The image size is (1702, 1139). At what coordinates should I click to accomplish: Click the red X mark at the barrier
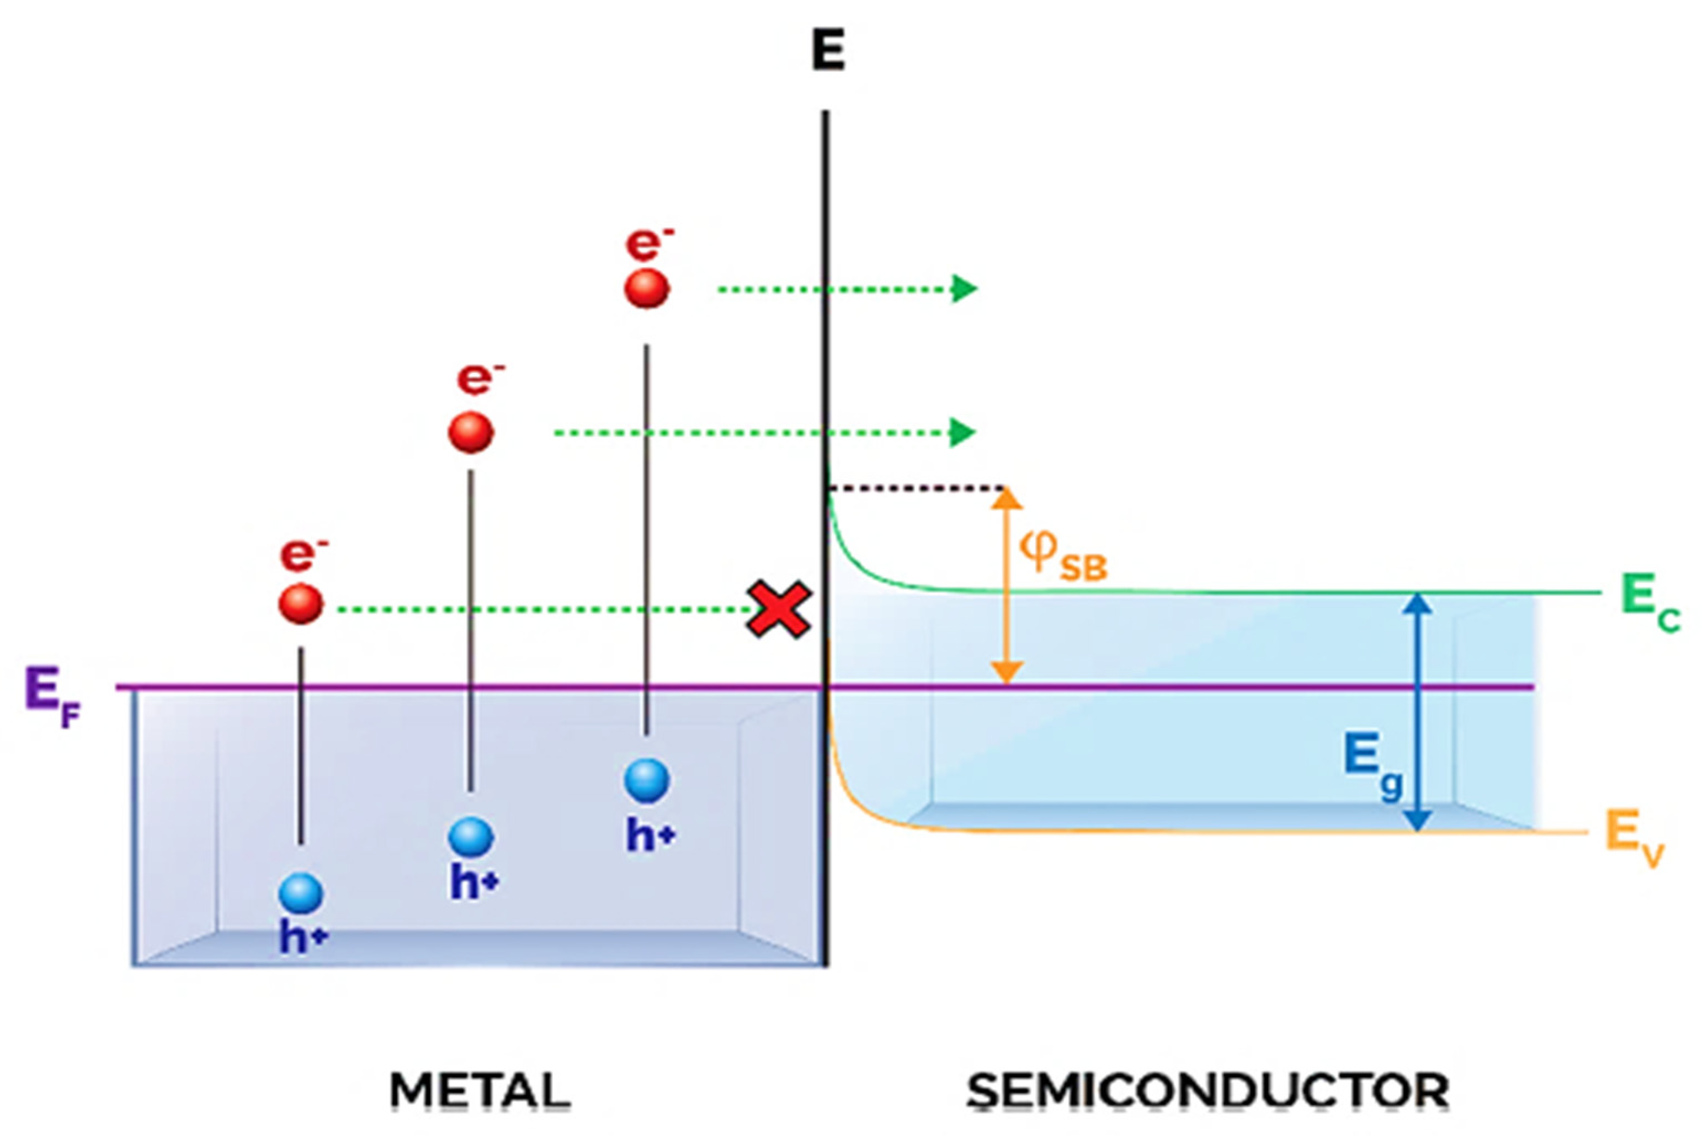click(778, 609)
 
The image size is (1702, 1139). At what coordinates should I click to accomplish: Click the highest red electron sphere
click(646, 289)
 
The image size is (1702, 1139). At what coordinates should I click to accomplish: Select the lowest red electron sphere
click(301, 604)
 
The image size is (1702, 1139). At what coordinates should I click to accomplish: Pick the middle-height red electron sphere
click(471, 432)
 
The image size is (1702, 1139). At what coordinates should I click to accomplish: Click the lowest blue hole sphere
click(301, 893)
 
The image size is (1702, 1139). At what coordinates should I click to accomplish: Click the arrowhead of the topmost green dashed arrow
click(965, 289)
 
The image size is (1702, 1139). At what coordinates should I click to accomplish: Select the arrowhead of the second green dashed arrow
click(963, 432)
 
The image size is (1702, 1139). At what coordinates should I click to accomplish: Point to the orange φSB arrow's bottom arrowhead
click(1007, 673)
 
